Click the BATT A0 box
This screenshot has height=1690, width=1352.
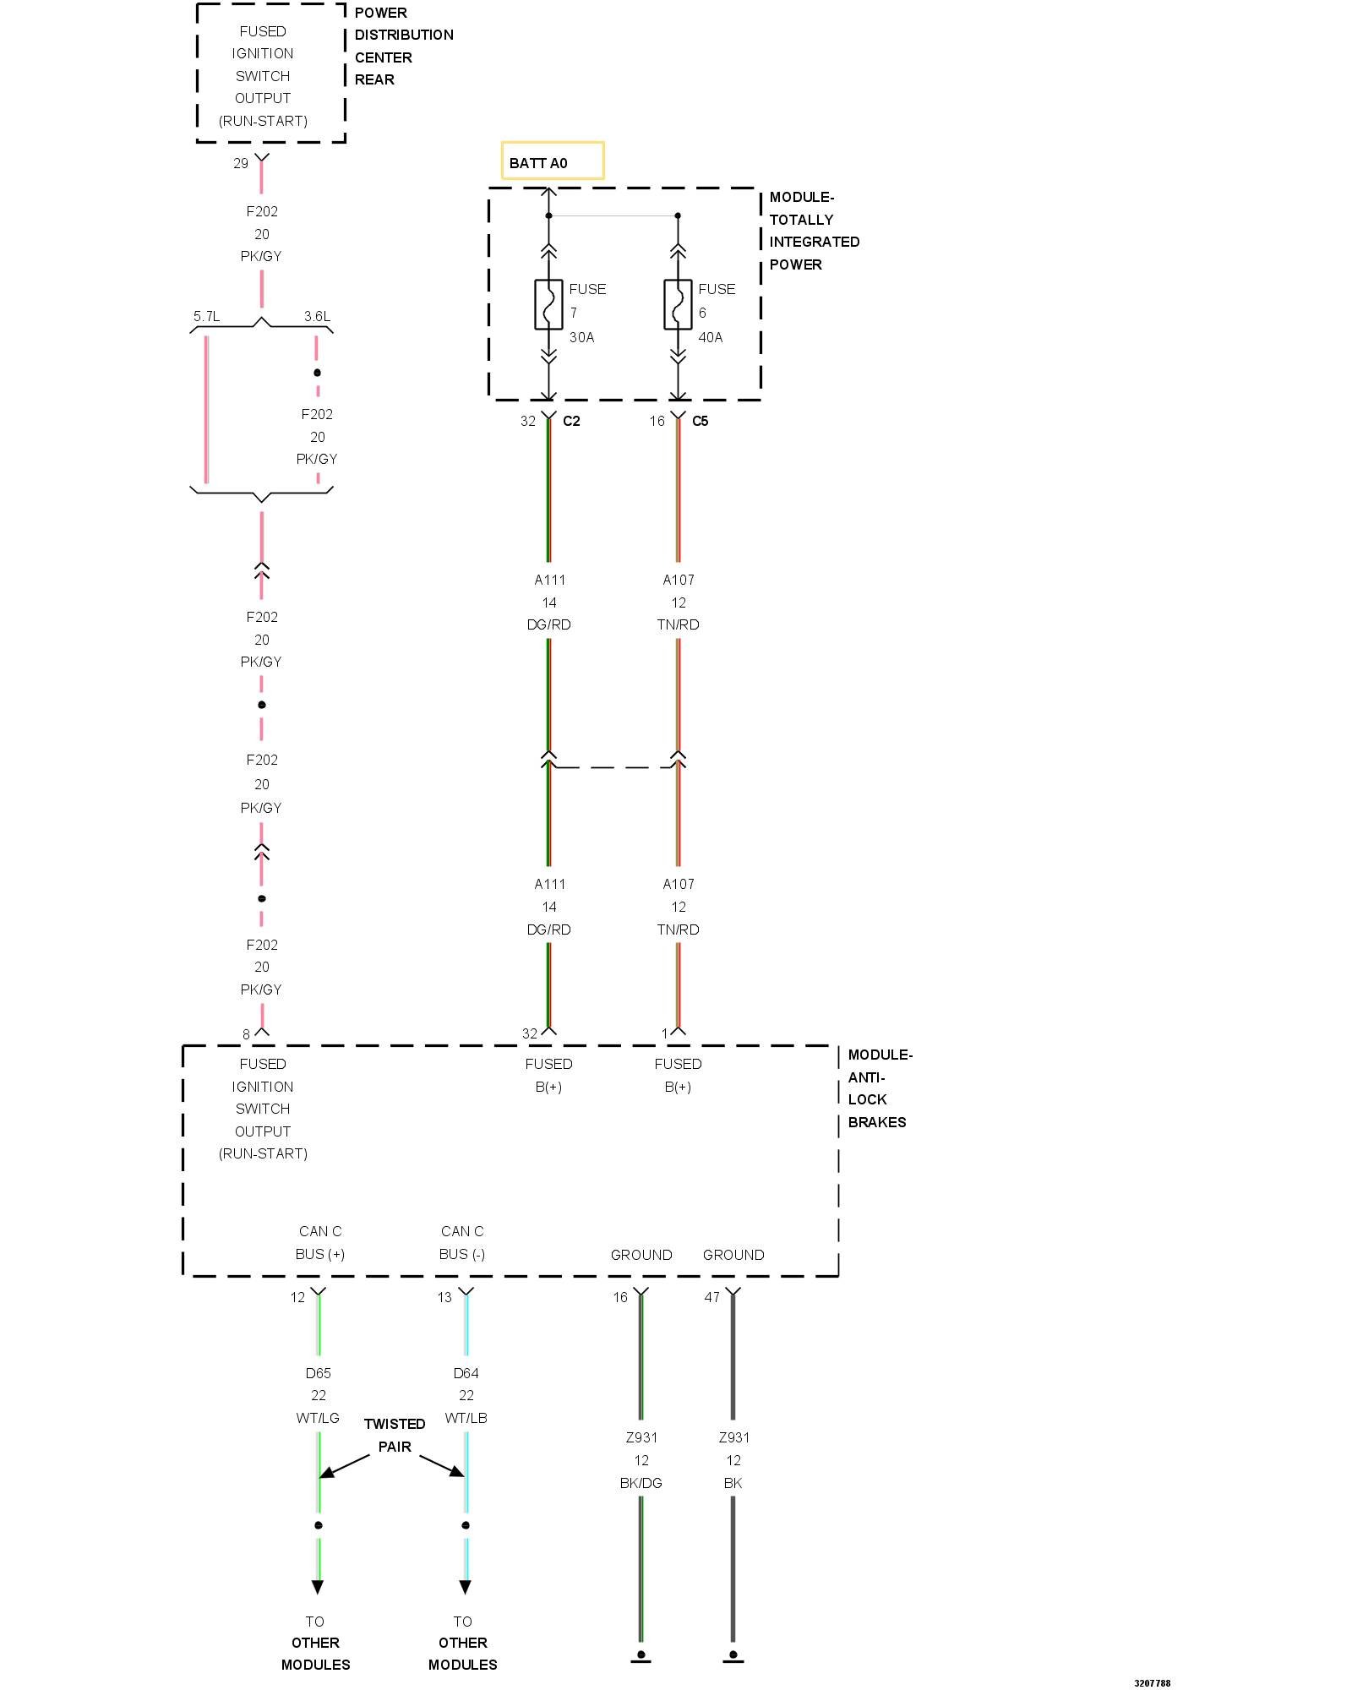click(553, 161)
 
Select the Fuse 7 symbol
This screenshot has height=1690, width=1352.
click(548, 304)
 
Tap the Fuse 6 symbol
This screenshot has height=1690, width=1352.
click(678, 304)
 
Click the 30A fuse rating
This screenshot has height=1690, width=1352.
click(581, 337)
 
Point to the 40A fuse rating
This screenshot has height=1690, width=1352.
click(711, 337)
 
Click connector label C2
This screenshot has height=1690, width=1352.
click(571, 421)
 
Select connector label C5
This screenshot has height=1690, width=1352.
click(701, 421)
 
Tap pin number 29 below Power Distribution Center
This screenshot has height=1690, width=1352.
click(241, 163)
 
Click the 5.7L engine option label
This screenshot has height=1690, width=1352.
click(206, 316)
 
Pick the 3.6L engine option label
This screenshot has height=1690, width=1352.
click(317, 316)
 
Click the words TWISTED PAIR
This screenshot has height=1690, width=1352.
click(395, 1435)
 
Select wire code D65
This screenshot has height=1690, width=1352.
click(319, 1373)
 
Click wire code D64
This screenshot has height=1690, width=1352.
click(466, 1373)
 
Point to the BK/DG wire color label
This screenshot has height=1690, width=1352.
click(641, 1483)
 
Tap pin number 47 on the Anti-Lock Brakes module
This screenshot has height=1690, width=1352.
click(712, 1297)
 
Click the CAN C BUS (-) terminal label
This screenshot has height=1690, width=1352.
click(462, 1242)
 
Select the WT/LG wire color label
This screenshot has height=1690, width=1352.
click(318, 1418)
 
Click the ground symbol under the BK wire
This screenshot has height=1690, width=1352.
click(733, 1656)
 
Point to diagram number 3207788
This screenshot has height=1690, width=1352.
click(1152, 1683)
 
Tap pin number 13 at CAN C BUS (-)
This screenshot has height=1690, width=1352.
click(444, 1297)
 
